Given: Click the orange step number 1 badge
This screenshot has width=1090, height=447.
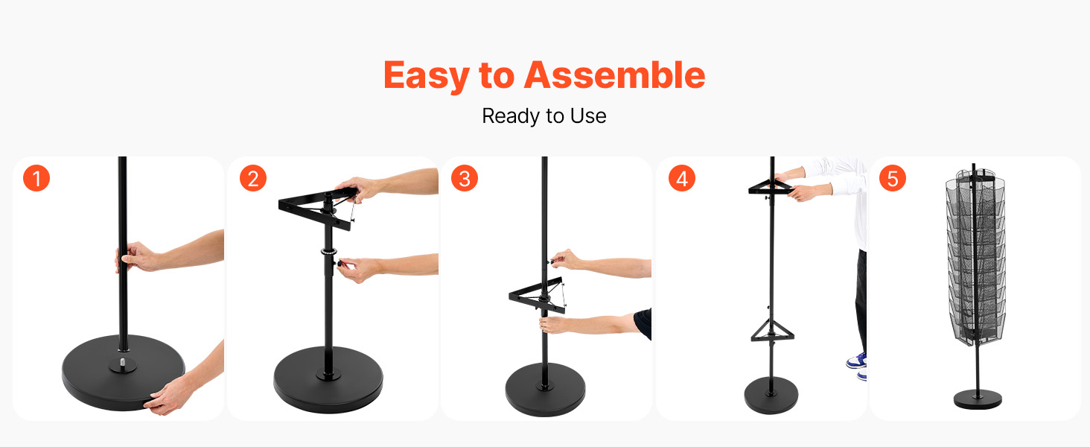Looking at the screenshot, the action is click(x=36, y=178).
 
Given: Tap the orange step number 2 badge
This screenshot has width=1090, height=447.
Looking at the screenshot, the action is click(x=253, y=178).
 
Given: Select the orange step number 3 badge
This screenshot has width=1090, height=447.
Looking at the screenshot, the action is click(x=465, y=178).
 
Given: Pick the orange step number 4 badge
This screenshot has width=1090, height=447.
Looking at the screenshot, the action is click(x=682, y=178).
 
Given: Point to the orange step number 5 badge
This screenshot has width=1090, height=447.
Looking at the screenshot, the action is click(x=893, y=178).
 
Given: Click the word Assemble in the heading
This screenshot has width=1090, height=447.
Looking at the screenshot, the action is click(x=614, y=74).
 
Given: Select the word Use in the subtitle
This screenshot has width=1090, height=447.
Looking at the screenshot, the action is click(x=588, y=116).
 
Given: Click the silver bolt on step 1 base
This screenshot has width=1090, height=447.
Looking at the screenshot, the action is click(x=123, y=362).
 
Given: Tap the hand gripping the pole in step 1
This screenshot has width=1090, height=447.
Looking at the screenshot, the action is click(x=136, y=256).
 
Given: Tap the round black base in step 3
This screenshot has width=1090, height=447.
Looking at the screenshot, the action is click(x=545, y=390).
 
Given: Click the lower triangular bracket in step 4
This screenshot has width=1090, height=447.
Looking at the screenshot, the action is click(x=772, y=331).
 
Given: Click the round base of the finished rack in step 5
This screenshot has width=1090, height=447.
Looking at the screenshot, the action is click(x=978, y=399).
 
